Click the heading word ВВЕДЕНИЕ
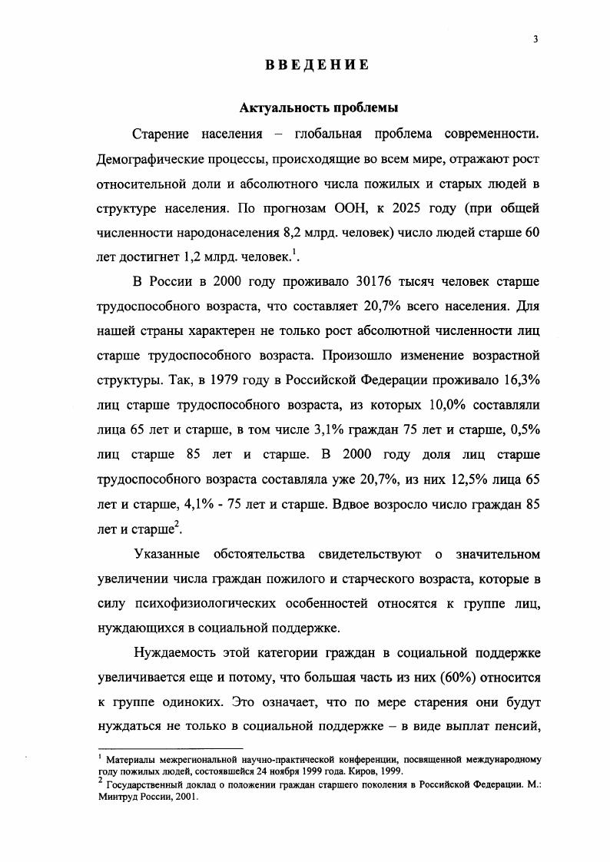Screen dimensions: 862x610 click(317, 65)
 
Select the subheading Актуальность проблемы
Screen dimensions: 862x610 click(317, 108)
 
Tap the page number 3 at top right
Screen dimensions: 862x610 click(533, 41)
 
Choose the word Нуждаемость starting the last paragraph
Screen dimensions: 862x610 click(177, 655)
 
